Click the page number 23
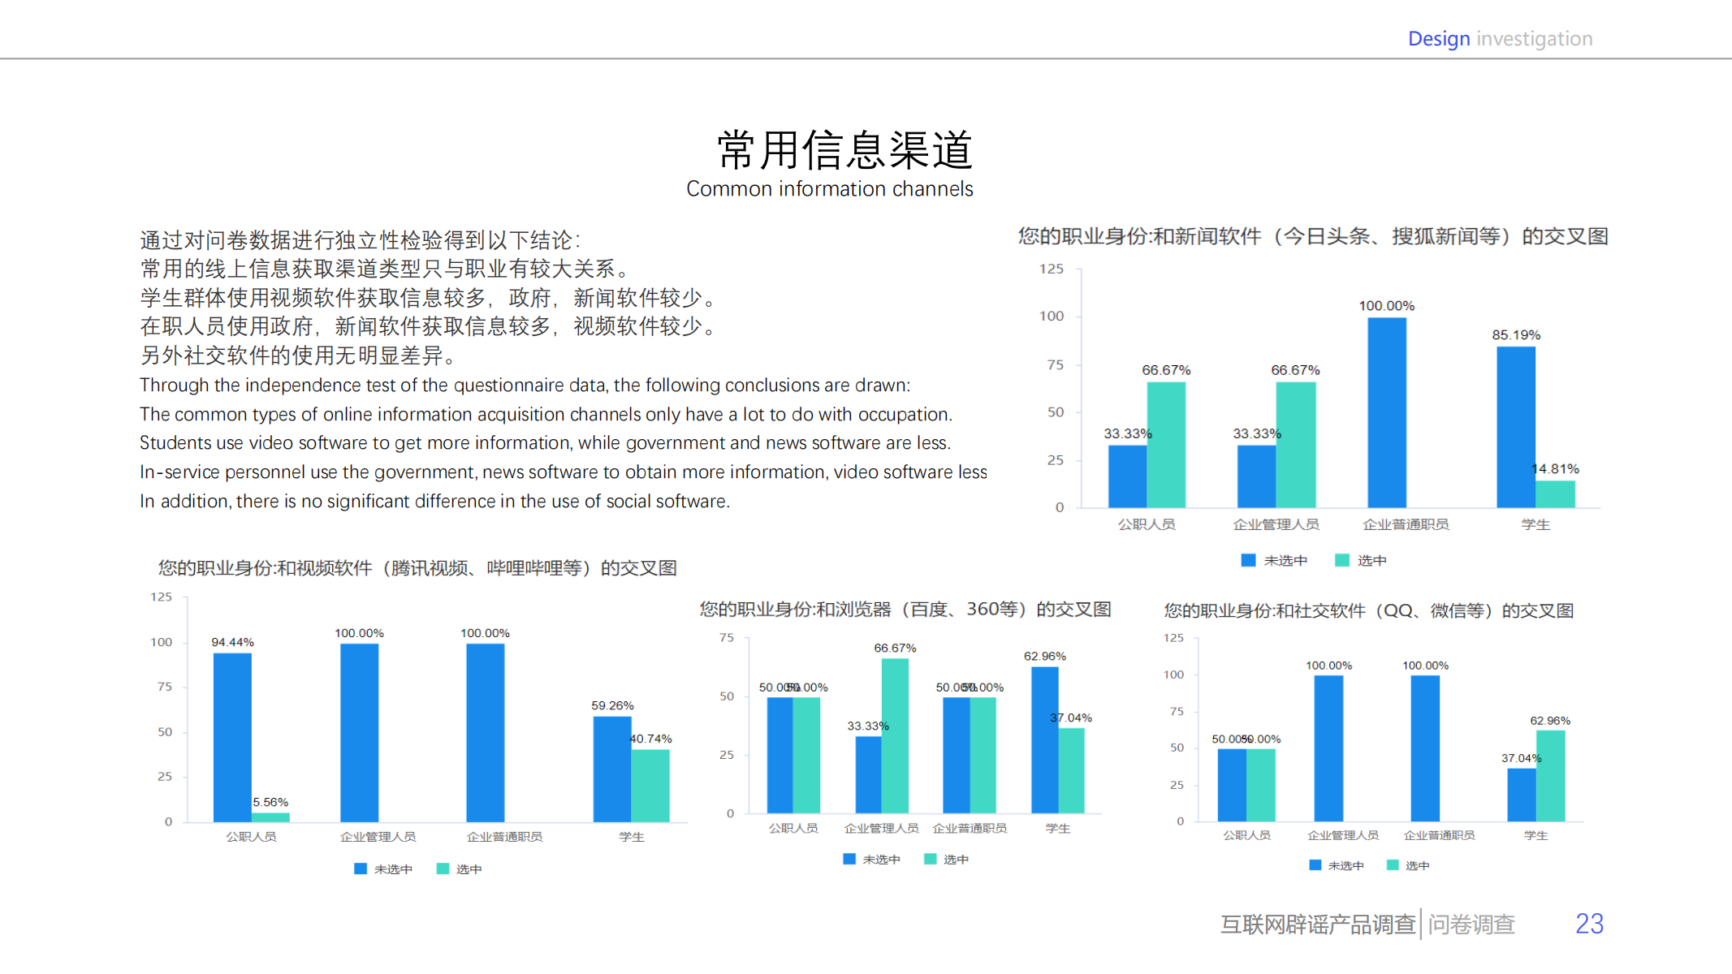1588,924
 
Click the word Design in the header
1438,39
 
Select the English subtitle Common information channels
829,189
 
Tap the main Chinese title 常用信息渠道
844,150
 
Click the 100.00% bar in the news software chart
1386,412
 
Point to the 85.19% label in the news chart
1515,335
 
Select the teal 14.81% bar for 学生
1555,494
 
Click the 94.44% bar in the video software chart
232,737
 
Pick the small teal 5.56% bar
270,817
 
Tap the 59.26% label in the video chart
612,706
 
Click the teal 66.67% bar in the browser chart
895,735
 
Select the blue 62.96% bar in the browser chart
1044,739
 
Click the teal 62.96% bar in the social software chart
1550,776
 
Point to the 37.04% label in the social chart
1521,758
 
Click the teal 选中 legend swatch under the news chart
1341,560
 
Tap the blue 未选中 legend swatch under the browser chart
849,859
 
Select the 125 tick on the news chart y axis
1051,269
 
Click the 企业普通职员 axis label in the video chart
504,837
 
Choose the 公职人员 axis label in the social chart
1246,835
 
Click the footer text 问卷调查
1471,924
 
